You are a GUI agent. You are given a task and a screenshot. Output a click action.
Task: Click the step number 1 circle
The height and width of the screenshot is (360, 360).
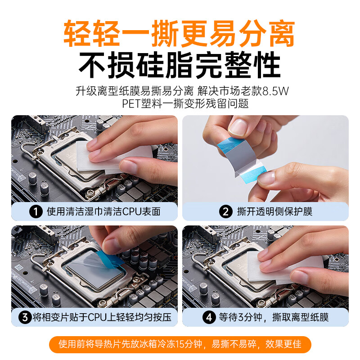pyautogui.click(x=35, y=211)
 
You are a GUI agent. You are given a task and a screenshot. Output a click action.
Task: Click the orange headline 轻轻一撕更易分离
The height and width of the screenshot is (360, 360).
pyautogui.click(x=180, y=34)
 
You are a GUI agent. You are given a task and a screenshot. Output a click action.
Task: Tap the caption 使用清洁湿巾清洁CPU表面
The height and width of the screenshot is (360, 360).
pyautogui.click(x=102, y=211)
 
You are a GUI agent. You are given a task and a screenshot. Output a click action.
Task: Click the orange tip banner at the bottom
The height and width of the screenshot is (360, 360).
pyautogui.click(x=180, y=345)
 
